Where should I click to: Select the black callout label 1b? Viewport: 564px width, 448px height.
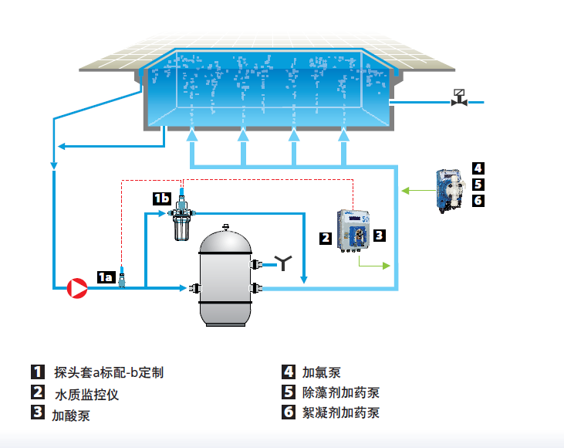pos(161,199)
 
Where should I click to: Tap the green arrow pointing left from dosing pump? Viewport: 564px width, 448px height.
pos(417,190)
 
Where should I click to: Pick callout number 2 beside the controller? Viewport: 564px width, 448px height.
pos(326,238)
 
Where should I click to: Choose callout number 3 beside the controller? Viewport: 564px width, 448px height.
pos(380,234)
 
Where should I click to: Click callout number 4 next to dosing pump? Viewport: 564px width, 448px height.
pos(478,168)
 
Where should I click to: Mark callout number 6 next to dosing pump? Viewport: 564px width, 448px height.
pos(478,200)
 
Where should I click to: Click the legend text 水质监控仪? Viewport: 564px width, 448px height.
pos(86,394)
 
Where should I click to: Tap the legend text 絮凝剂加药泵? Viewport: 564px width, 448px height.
pos(340,412)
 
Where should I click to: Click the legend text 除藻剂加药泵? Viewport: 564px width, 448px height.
pos(340,392)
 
